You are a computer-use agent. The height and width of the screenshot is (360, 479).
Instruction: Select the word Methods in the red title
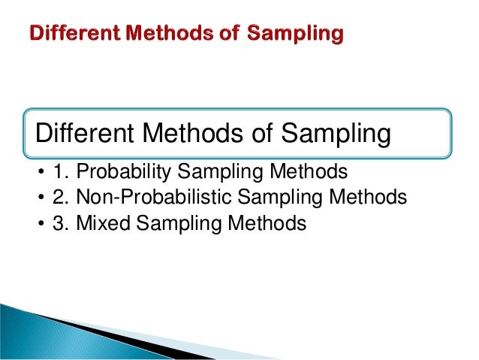pyautogui.click(x=164, y=34)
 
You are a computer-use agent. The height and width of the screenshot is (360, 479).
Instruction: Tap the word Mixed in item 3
pyautogui.click(x=100, y=223)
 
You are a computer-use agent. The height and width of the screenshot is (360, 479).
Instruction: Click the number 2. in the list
pyautogui.click(x=59, y=198)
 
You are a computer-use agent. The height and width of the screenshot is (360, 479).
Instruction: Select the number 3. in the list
pyautogui.click(x=59, y=223)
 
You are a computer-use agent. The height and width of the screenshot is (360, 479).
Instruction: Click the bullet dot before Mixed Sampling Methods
pyautogui.click(x=38, y=225)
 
